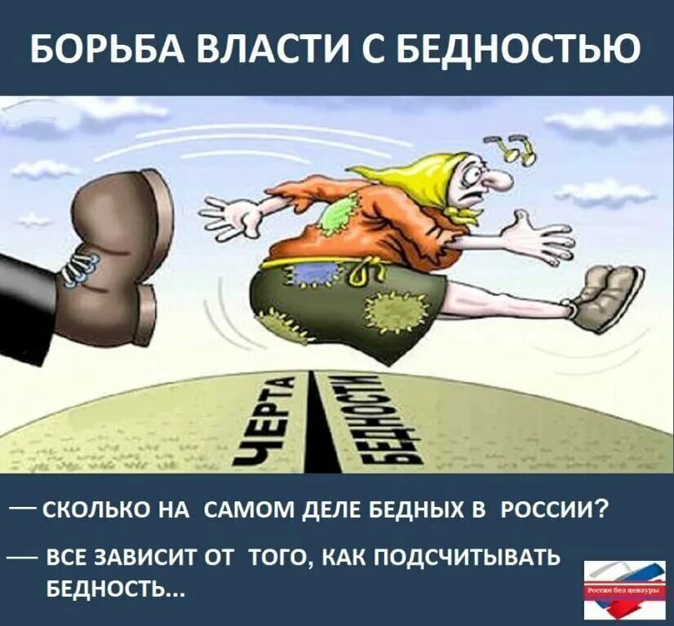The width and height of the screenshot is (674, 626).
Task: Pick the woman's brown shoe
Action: pos(608,298)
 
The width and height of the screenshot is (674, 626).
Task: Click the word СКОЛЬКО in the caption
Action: pos(91,511)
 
